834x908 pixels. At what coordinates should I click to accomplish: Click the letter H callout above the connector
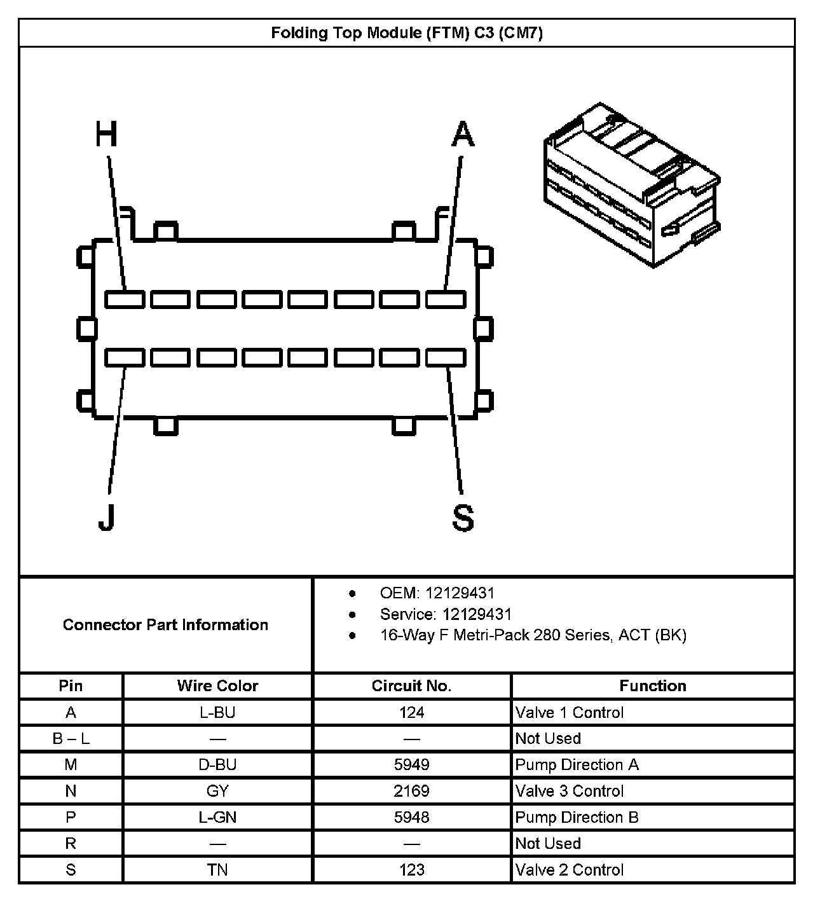coord(107,134)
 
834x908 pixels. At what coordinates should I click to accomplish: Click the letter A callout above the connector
coord(463,134)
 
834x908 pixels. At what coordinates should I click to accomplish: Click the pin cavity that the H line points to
coord(125,299)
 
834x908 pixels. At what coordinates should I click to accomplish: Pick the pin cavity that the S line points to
coord(446,358)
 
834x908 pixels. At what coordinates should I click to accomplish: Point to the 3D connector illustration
coord(631,184)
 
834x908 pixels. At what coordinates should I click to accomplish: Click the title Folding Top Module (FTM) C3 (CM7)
coord(407,33)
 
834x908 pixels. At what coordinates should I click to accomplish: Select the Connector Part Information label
coord(165,624)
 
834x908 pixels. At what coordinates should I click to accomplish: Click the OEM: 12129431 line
coord(437,593)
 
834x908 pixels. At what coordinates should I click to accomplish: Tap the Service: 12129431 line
coord(445,614)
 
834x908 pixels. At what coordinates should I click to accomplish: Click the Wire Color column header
coord(217,685)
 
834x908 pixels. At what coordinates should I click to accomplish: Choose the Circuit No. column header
coord(411,685)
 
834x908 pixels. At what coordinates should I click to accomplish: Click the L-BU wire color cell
coord(217,712)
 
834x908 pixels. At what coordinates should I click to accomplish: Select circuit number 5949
coord(411,764)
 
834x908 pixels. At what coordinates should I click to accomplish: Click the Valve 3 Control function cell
coord(570,791)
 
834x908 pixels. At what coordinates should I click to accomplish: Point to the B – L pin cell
coord(71,738)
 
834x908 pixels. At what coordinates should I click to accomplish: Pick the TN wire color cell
coord(217,869)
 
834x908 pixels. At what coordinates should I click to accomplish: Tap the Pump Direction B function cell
coord(577,817)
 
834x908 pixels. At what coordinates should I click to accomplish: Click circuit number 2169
coord(411,791)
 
